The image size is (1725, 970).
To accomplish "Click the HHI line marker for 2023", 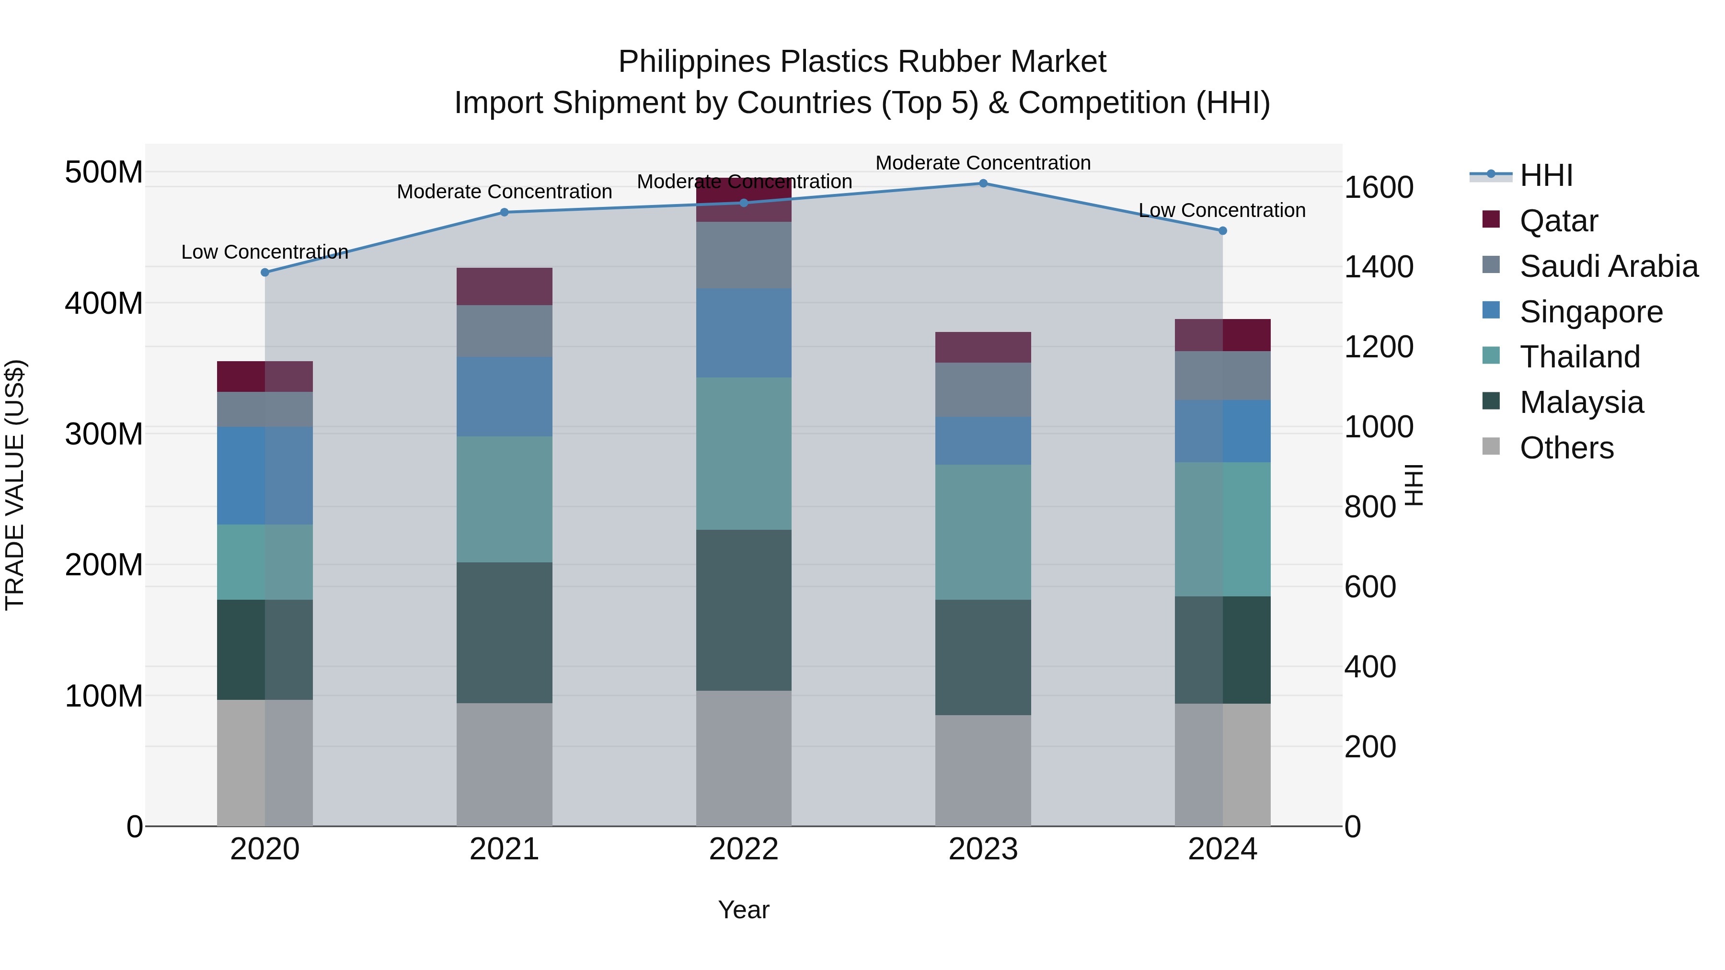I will coord(983,183).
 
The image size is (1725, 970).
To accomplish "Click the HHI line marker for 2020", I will coord(265,273).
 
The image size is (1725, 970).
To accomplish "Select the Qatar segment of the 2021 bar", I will coord(504,286).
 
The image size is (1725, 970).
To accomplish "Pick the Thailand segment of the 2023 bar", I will coord(983,532).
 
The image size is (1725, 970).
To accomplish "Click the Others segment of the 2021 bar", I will coord(504,765).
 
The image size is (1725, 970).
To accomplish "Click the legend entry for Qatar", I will coord(1558,221).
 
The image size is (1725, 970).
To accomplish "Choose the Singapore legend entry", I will coord(1590,312).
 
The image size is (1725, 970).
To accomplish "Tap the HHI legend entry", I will coord(1545,175).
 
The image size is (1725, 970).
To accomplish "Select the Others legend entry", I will coord(1566,448).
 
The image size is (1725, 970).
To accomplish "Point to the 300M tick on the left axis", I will coord(104,434).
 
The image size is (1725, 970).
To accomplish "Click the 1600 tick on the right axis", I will coord(1379,187).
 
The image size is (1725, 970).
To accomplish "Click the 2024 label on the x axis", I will coord(1222,849).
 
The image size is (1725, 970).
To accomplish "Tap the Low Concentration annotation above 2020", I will coord(265,252).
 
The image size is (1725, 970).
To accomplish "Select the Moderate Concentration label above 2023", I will coord(983,163).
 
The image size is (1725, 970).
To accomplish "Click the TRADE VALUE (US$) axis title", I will coord(15,485).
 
